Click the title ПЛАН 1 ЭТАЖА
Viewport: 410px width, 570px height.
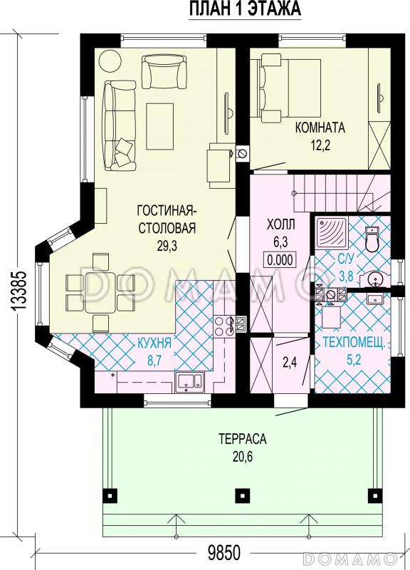coord(245,9)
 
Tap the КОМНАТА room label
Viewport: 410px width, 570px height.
coord(320,128)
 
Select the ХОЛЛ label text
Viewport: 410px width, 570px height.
coord(280,224)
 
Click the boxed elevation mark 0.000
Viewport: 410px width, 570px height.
coord(280,259)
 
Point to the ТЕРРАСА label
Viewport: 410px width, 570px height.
coord(243,439)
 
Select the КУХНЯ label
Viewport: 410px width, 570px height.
coord(154,343)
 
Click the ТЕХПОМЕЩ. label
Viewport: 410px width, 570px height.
coord(353,343)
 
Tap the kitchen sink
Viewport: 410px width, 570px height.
coord(189,382)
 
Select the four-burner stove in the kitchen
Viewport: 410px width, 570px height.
coord(224,326)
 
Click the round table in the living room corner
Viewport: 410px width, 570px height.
coord(110,61)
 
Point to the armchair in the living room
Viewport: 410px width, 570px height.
coord(164,71)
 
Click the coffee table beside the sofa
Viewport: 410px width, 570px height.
coord(159,126)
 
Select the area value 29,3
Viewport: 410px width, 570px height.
coord(167,246)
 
